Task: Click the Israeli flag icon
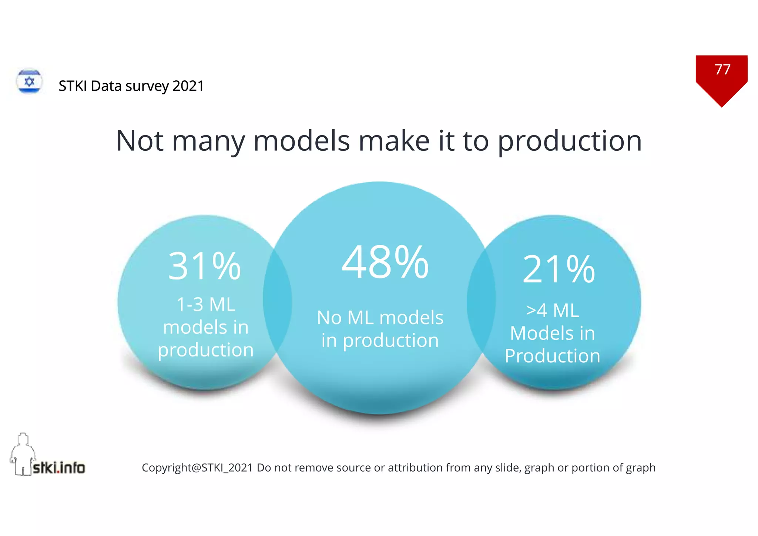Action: (29, 81)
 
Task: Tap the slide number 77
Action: (722, 70)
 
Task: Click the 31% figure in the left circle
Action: (204, 266)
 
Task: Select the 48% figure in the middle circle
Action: (385, 262)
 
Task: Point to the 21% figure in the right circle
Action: (559, 269)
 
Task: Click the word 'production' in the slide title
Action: (570, 141)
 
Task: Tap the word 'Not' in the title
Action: (140, 141)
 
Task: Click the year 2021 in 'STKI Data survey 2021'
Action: (188, 86)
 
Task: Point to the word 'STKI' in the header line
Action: (73, 86)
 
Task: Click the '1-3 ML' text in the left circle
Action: (206, 305)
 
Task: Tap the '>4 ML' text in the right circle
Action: (552, 310)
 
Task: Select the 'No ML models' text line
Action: (380, 318)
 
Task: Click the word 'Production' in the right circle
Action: (552, 356)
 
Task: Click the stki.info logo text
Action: (59, 468)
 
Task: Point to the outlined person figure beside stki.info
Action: (22, 453)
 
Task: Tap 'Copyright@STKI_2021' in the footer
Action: (197, 468)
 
